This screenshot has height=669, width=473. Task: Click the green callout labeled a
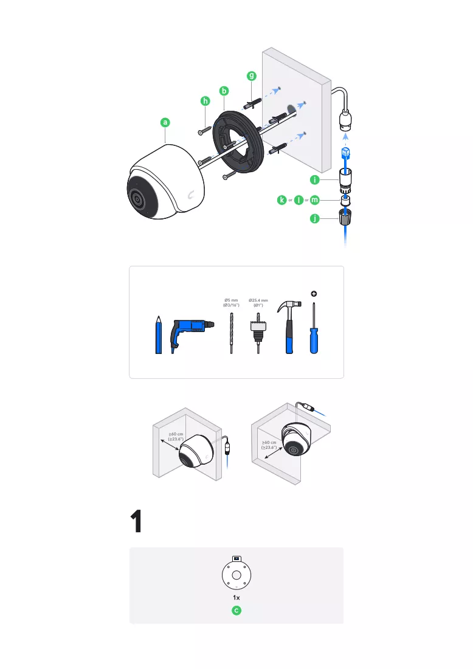165,122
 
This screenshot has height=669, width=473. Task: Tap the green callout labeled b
224,91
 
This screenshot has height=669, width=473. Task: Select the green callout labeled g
252,76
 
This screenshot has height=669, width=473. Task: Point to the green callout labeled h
205,101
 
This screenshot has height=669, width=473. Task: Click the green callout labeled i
315,179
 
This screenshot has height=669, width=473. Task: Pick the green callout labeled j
315,218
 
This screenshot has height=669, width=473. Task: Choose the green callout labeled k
281,199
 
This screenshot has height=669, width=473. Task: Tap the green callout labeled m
315,199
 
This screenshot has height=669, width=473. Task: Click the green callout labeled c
236,611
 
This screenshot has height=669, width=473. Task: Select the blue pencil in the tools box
159,335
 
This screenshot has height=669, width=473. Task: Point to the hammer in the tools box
289,327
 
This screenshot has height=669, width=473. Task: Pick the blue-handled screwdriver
314,328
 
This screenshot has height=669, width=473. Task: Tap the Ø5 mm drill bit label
231,302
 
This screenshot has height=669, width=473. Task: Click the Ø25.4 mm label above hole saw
258,302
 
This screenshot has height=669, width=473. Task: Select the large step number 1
136,521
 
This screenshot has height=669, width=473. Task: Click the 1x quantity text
236,598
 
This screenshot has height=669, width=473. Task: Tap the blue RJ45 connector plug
345,152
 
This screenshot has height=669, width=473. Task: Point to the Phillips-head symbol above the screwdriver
314,294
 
